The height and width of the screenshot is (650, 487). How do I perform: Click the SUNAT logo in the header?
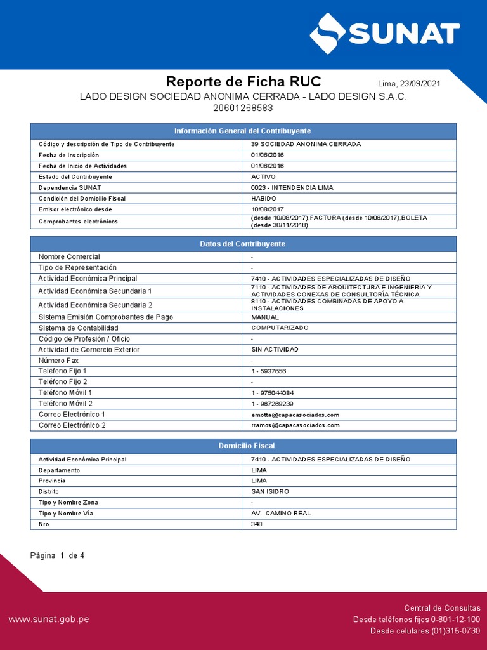(x=384, y=32)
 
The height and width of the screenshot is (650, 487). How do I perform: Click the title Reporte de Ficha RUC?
(x=243, y=82)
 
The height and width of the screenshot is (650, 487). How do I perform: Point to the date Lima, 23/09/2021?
(x=409, y=84)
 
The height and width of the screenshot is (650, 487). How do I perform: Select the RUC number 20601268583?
(x=243, y=108)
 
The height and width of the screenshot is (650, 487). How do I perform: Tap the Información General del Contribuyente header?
(x=243, y=131)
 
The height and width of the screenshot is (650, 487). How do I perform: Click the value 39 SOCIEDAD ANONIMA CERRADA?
(x=306, y=144)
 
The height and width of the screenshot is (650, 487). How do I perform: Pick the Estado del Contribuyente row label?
(x=75, y=176)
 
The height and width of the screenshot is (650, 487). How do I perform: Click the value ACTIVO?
(x=263, y=176)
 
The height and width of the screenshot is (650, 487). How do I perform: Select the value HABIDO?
(x=264, y=199)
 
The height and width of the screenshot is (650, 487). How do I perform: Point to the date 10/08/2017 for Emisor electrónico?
(x=268, y=209)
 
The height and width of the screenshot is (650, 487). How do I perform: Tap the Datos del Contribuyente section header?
(x=243, y=244)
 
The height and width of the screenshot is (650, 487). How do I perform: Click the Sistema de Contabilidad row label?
(x=78, y=328)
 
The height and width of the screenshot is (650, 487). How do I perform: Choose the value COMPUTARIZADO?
(x=280, y=328)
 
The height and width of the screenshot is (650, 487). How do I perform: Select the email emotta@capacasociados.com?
(x=295, y=415)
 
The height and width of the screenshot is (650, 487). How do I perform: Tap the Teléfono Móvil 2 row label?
(x=65, y=404)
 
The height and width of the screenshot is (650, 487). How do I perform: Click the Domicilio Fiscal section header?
(x=243, y=446)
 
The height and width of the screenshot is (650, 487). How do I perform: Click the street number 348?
(x=257, y=524)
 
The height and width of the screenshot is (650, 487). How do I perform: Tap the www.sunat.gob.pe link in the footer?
(x=48, y=619)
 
